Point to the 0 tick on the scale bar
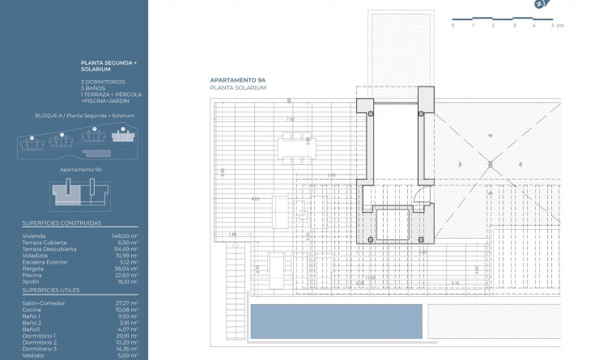point(452,26)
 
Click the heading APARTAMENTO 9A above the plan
point(238,81)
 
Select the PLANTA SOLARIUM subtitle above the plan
point(238,87)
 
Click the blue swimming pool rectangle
point(336,321)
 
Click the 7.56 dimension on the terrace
point(290,120)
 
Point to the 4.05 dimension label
point(255,198)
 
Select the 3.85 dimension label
point(331,176)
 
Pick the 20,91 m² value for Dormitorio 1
point(126,335)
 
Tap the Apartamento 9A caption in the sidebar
point(81,170)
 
